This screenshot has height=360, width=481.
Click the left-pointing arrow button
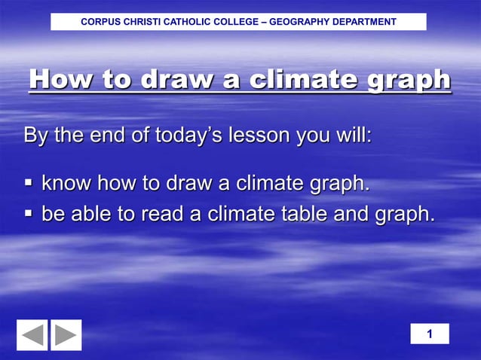(32, 335)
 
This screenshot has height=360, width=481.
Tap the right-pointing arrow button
(66, 335)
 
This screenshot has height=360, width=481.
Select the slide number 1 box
(430, 334)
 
